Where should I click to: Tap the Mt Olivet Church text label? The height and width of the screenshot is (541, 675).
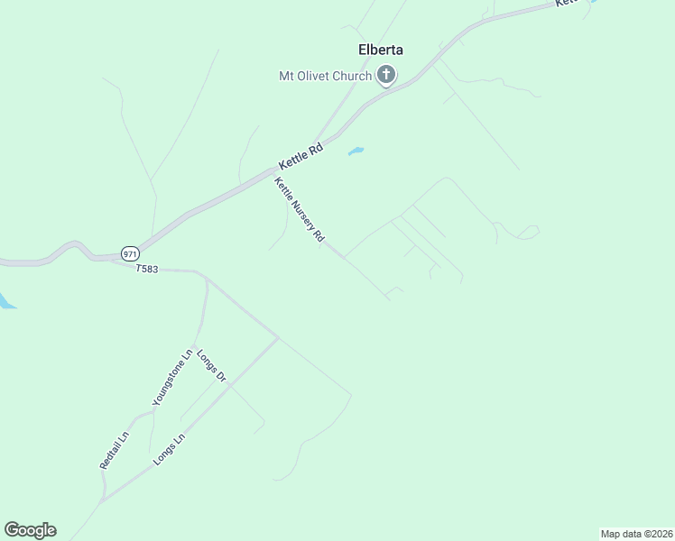click(325, 76)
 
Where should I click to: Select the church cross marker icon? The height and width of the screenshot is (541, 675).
click(386, 76)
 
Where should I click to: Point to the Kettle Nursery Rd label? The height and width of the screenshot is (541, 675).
click(300, 210)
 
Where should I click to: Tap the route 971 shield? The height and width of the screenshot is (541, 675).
click(130, 253)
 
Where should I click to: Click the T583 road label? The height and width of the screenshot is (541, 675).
click(147, 269)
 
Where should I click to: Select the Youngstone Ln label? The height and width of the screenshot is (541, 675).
click(172, 377)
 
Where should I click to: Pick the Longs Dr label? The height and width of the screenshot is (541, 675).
click(210, 364)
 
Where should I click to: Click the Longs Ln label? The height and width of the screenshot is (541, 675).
click(169, 449)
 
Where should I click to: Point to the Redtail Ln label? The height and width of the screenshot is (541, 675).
click(115, 449)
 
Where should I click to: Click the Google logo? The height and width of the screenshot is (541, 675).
click(30, 530)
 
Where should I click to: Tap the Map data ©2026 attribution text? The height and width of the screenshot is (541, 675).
click(636, 534)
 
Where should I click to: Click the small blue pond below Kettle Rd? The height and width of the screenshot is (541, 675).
click(356, 151)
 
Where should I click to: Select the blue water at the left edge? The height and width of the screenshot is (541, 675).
click(5, 301)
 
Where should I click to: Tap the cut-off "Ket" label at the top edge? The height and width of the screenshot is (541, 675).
click(566, 4)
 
